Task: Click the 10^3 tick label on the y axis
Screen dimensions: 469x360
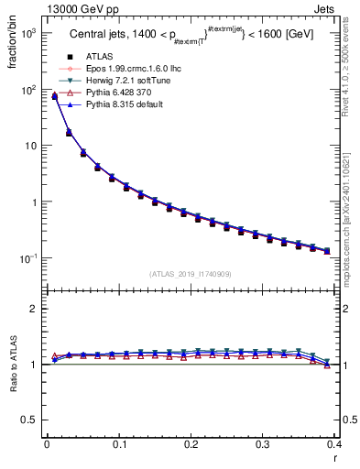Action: click(x=27, y=33)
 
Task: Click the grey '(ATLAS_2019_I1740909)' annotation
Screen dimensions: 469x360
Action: click(x=190, y=274)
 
